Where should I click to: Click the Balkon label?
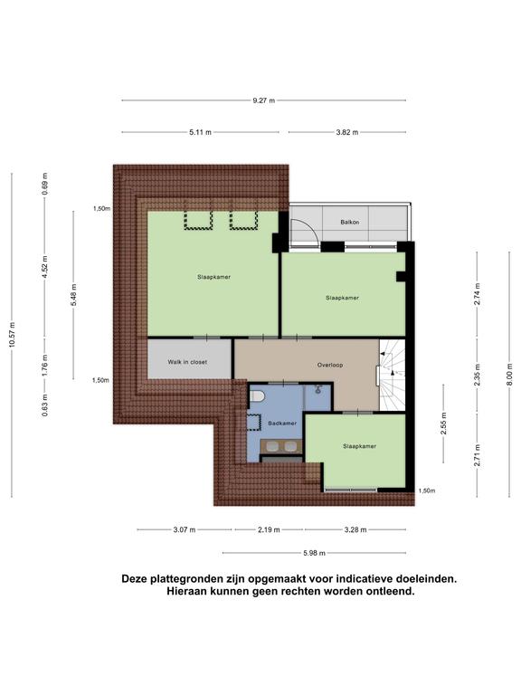click(349, 222)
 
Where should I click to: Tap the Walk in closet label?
click(187, 362)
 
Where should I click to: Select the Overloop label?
click(330, 366)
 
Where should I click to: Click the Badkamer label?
click(282, 424)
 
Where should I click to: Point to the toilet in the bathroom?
click(257, 395)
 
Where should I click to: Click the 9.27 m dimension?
click(263, 100)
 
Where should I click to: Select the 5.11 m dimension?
click(200, 132)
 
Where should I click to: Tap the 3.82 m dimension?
click(347, 132)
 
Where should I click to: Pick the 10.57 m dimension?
click(13, 335)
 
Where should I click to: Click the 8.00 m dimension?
click(509, 374)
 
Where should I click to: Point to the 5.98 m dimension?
click(314, 553)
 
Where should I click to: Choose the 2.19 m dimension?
click(269, 529)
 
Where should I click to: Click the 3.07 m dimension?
click(185, 529)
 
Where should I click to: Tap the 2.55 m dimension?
click(444, 424)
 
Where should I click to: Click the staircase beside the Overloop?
click(393, 375)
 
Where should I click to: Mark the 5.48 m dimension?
click(74, 295)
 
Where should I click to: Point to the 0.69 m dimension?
click(44, 184)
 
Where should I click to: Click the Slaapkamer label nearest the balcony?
click(343, 298)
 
